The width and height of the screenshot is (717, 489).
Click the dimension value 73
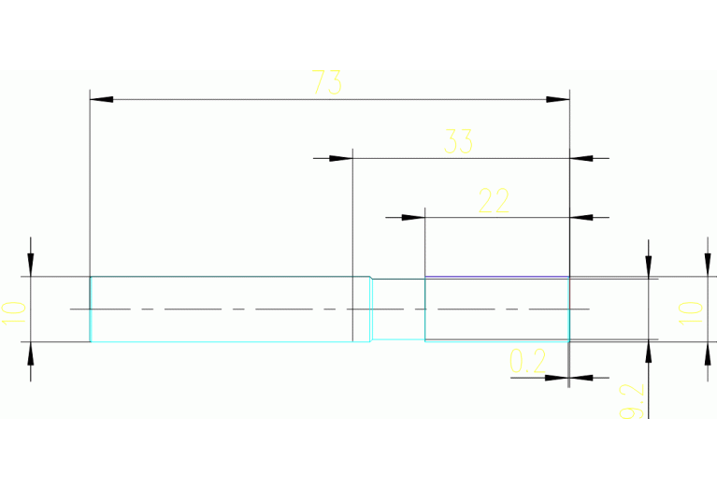327,83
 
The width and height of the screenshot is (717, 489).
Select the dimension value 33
458,142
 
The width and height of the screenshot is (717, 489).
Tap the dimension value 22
494,201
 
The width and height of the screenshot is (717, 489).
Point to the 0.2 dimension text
527,362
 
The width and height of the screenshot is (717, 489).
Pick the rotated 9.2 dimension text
633,400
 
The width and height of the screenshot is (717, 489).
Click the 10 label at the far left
12,310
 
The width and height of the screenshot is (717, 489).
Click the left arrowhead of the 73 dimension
101,98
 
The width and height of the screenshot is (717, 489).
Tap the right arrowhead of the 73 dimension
558,98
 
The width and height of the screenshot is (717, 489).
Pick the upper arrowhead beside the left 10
31,266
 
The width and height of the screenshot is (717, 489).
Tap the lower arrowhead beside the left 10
31,353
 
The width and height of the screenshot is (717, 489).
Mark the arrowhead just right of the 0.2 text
558,379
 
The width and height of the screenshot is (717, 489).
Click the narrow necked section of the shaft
398,309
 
